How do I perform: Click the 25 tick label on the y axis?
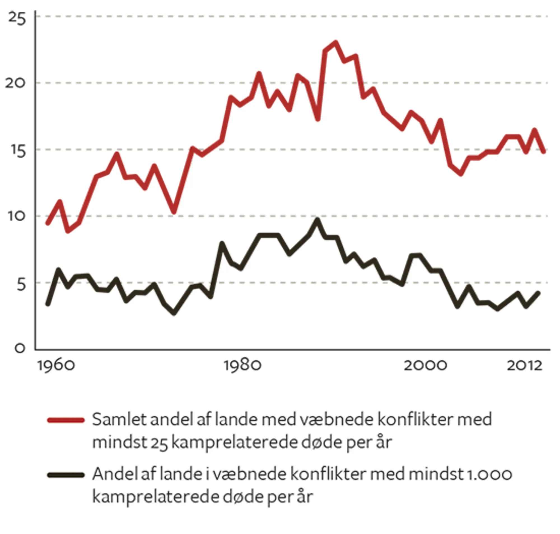(17, 18)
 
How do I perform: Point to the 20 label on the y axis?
(15, 83)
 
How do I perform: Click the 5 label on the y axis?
(21, 284)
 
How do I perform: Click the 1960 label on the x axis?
(56, 365)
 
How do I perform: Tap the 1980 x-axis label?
(242, 365)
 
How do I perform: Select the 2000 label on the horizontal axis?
(425, 365)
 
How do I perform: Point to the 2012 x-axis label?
(524, 365)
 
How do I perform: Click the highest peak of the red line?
(336, 43)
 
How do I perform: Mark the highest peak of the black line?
(317, 220)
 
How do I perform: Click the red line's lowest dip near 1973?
(174, 212)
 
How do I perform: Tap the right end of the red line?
(544, 151)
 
